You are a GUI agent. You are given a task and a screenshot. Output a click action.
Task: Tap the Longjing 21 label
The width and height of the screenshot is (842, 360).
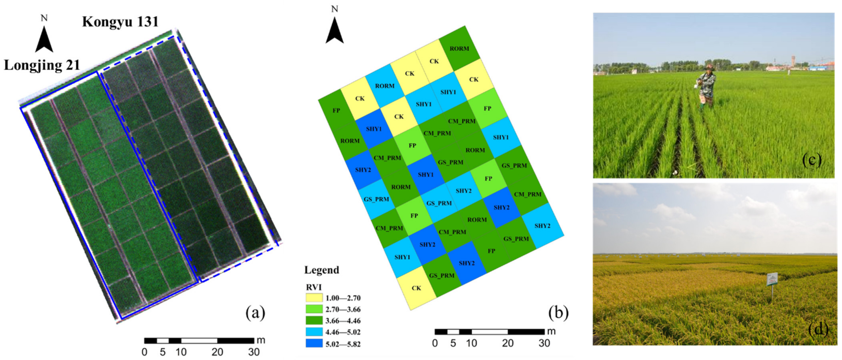tap(42, 65)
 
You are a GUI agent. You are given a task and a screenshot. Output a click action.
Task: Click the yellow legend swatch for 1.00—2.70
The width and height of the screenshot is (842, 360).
tap(314, 298)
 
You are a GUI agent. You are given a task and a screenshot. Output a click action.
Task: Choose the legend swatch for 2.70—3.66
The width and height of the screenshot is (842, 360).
tap(314, 309)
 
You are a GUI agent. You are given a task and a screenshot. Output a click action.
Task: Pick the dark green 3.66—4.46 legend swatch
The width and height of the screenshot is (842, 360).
tap(314, 320)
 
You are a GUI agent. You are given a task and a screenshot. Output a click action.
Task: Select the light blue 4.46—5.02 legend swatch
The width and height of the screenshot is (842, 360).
tap(314, 332)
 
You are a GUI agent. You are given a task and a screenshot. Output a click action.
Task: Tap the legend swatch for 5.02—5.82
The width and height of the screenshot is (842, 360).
tap(314, 343)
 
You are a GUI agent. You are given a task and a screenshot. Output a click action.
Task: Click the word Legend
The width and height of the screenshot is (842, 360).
tap(322, 270)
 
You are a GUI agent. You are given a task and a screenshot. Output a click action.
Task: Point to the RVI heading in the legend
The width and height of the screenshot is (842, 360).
tap(314, 287)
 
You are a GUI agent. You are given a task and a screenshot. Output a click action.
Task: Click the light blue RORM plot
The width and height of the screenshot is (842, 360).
tap(385, 86)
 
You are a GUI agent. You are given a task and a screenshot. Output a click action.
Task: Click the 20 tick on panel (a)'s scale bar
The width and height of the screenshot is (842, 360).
tap(217, 352)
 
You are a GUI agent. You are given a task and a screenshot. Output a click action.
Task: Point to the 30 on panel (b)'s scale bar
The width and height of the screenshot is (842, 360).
tap(544, 343)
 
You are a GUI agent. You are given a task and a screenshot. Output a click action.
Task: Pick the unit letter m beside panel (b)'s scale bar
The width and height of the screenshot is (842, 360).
tap(551, 331)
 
